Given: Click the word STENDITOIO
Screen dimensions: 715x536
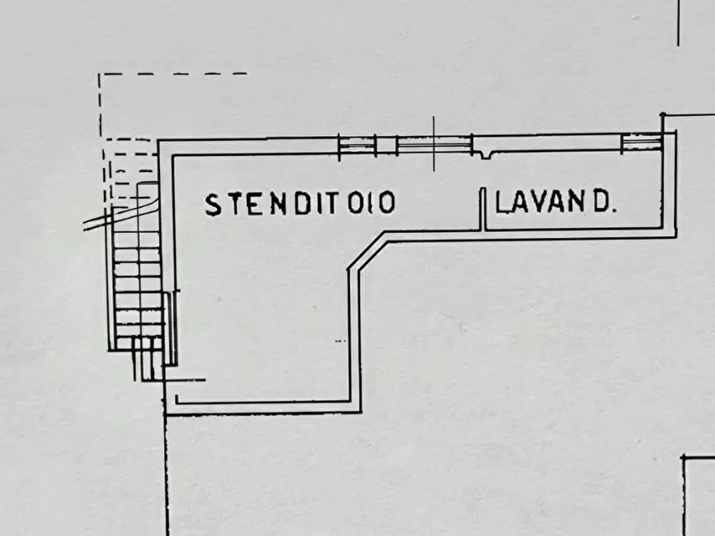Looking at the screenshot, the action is pyautogui.click(x=300, y=203).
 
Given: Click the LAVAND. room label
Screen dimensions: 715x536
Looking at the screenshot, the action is pyautogui.click(x=556, y=202).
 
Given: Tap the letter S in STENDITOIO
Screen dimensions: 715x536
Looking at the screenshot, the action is pyautogui.click(x=213, y=205).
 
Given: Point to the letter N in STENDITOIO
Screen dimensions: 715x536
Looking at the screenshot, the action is pyautogui.click(x=278, y=204).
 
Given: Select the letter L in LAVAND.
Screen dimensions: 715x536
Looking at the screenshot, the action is pyautogui.click(x=501, y=202).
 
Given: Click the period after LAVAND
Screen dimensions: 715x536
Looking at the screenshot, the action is pyautogui.click(x=614, y=210).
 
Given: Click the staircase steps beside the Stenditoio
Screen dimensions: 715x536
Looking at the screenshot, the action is pyautogui.click(x=138, y=274).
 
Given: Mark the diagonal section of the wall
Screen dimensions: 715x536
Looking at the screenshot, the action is pyautogui.click(x=368, y=251).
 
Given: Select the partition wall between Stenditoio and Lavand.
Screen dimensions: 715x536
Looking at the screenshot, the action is pyautogui.click(x=483, y=209).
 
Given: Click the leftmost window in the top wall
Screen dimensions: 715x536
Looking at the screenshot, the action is pyautogui.click(x=357, y=146).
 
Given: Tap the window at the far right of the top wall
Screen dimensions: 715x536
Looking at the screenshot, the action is pyautogui.click(x=641, y=142).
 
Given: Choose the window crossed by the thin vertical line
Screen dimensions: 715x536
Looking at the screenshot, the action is pyautogui.click(x=434, y=145).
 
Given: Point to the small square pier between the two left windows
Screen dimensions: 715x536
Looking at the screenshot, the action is pyautogui.click(x=386, y=146).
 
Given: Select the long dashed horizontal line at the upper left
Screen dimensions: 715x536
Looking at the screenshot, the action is pyautogui.click(x=173, y=74).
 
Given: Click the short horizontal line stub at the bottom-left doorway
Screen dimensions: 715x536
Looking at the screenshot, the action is pyautogui.click(x=185, y=379).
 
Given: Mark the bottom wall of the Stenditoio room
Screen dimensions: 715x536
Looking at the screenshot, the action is pyautogui.click(x=263, y=407).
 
